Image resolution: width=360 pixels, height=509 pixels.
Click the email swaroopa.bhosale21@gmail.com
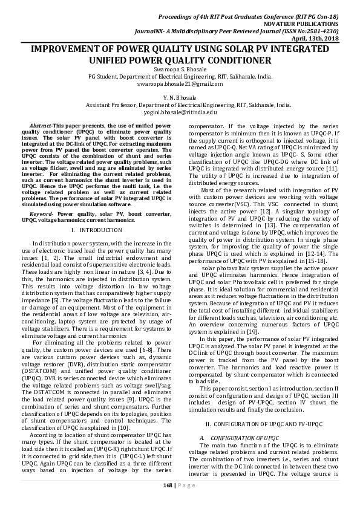[x=180, y=83]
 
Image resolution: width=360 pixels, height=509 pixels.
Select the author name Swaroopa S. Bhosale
[x=180, y=70]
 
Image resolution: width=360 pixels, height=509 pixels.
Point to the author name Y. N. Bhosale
[x=180, y=97]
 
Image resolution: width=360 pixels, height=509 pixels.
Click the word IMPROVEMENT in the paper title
[x=70, y=49]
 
